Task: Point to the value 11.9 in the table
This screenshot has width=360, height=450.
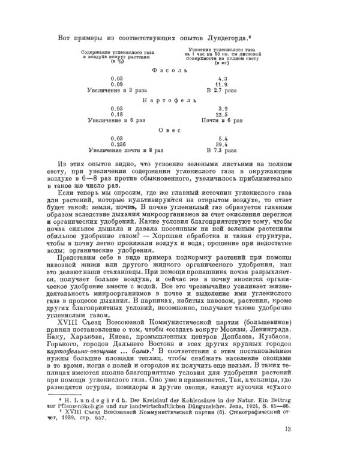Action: pos(223,85)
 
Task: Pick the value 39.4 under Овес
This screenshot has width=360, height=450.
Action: pos(223,145)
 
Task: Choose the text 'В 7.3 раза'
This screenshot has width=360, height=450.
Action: pos(222,151)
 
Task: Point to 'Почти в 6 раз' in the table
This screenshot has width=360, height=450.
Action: pos(222,121)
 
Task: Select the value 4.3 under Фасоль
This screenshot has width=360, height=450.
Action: pos(223,79)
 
